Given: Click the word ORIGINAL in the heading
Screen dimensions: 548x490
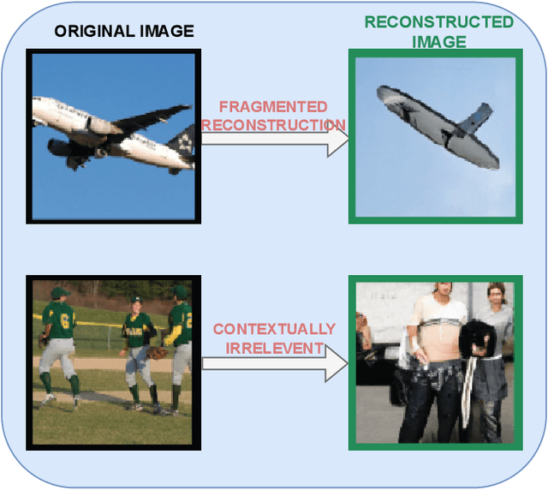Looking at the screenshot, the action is (x=90, y=33).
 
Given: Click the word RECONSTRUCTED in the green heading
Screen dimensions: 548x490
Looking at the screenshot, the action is (x=438, y=22).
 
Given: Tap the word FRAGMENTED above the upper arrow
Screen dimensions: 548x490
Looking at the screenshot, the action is (x=273, y=107).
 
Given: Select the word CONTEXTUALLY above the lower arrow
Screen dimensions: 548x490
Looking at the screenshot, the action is (x=274, y=329).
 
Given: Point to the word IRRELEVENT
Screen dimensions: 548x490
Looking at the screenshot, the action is (x=274, y=348).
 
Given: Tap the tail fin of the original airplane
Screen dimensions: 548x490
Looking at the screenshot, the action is (x=182, y=137).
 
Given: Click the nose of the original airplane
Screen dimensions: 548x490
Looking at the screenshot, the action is (x=36, y=106).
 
